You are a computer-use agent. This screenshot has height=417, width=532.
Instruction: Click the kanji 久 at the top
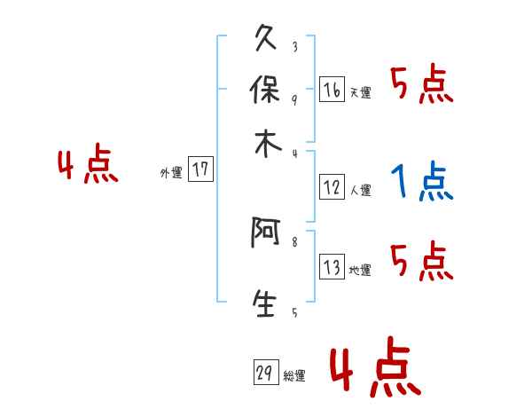(267, 40)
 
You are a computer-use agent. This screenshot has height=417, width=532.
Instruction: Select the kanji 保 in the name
(267, 90)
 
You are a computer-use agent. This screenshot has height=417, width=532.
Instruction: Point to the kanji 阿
(267, 234)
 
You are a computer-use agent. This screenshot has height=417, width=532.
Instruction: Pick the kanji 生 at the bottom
(267, 304)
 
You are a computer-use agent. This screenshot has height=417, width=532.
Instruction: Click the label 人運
(360, 190)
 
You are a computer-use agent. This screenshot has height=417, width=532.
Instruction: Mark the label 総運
(294, 376)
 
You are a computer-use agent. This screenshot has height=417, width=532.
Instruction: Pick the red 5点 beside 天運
(421, 86)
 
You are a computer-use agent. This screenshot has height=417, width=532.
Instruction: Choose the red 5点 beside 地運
(421, 263)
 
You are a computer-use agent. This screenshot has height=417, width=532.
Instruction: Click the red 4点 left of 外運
(88, 166)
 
